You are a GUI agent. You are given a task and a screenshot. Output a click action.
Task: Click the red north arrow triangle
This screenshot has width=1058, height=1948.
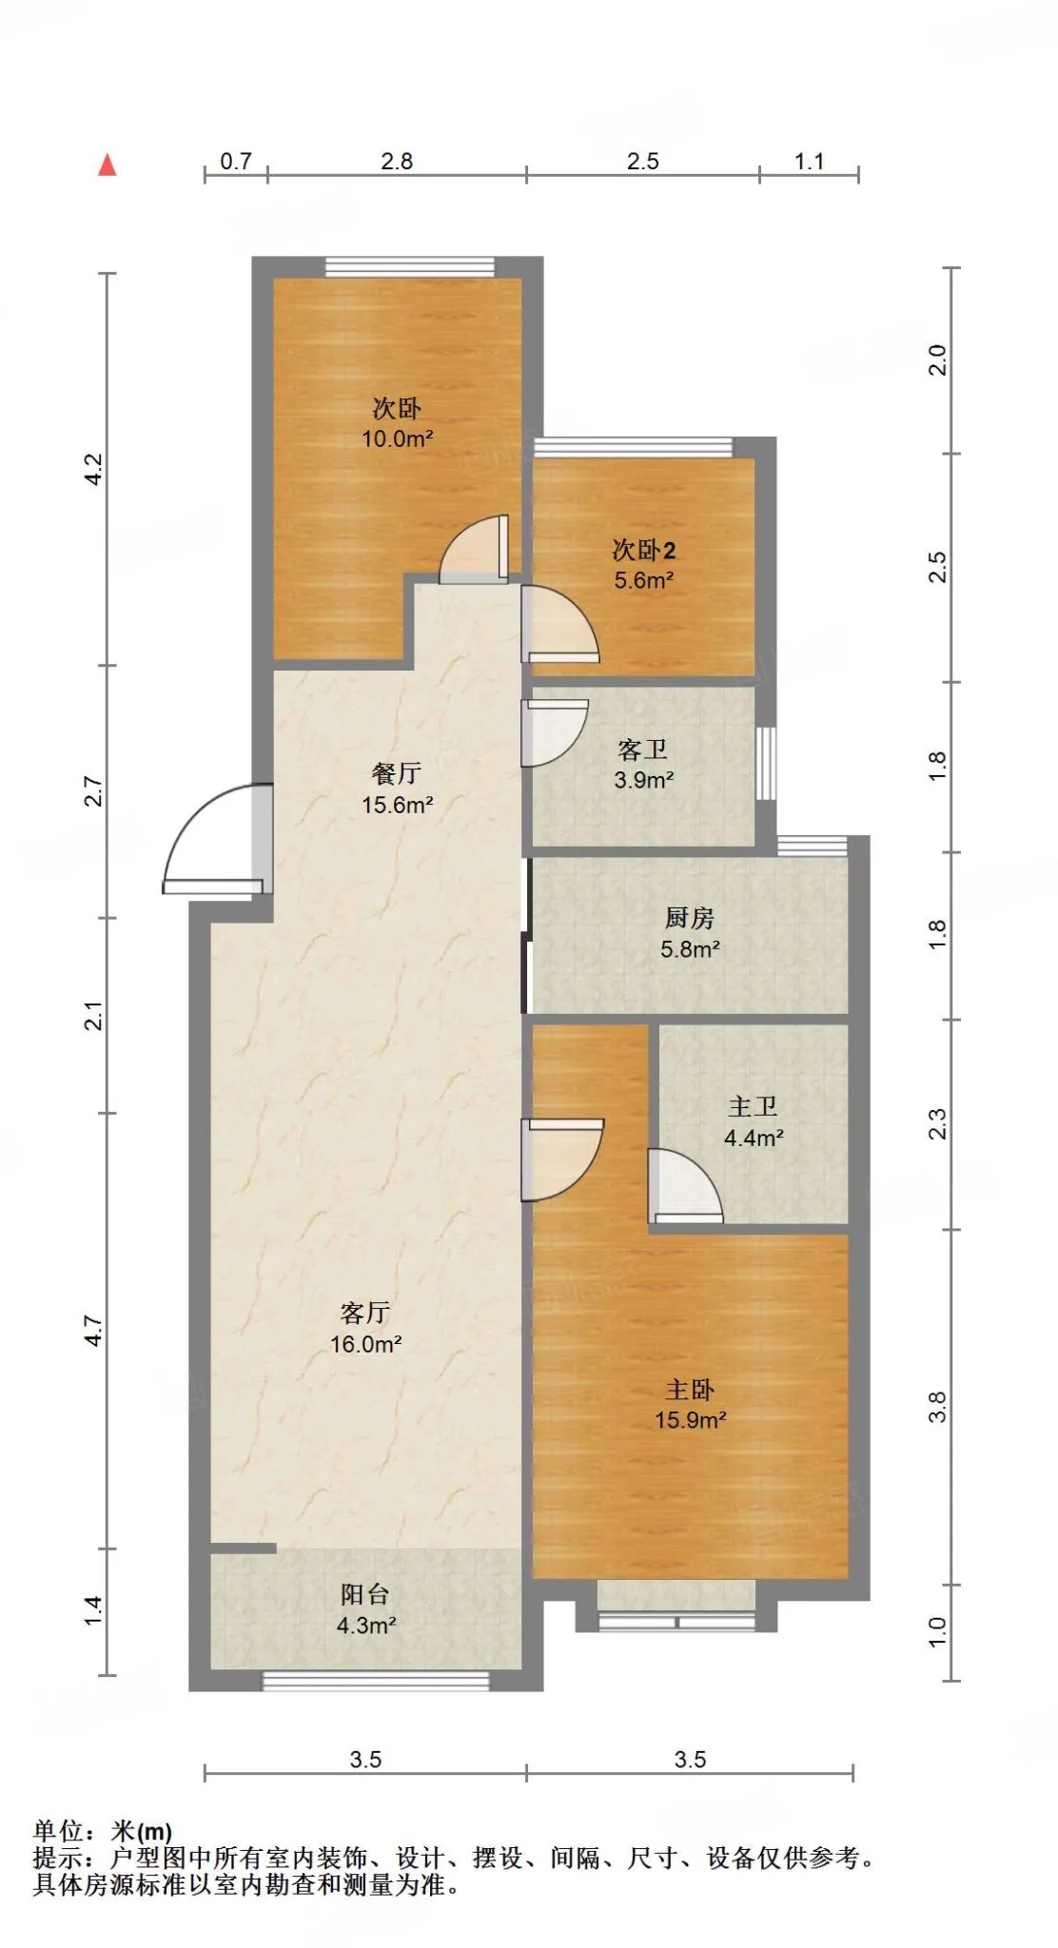(108, 166)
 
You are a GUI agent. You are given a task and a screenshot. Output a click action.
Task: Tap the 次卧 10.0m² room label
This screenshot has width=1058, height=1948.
(397, 423)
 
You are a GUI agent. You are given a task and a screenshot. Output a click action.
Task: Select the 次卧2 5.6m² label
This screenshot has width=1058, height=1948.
(644, 565)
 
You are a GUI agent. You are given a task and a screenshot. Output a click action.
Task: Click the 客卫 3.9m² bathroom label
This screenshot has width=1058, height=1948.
(643, 765)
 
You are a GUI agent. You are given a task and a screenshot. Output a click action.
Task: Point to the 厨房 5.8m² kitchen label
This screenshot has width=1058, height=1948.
(690, 933)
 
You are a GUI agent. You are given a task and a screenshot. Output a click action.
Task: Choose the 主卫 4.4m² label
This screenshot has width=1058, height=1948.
(754, 1121)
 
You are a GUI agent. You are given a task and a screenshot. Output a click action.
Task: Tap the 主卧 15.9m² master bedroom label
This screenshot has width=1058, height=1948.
(691, 1404)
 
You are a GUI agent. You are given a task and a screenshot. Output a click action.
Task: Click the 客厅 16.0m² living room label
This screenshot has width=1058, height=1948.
(365, 1328)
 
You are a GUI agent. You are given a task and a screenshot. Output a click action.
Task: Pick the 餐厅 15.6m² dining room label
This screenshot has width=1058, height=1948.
(397, 789)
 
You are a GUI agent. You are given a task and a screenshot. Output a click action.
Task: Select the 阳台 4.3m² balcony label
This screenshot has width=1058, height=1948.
(365, 1609)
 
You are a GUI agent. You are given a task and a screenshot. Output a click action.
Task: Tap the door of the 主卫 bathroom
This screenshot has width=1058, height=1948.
(685, 1185)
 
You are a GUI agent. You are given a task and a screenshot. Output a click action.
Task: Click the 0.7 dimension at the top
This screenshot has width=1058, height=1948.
(236, 161)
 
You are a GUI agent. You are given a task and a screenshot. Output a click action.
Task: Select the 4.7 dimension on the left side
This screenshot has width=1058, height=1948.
(93, 1331)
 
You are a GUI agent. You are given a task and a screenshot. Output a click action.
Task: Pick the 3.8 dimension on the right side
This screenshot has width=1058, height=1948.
(937, 1407)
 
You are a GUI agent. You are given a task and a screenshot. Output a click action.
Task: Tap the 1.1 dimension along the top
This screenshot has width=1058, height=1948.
(810, 161)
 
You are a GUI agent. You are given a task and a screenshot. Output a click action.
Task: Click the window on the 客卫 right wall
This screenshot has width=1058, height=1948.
(765, 764)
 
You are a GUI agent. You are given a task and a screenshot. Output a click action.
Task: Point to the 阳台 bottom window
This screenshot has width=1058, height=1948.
(376, 1681)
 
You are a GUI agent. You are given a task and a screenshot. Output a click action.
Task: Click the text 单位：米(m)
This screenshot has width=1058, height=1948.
(103, 1830)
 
